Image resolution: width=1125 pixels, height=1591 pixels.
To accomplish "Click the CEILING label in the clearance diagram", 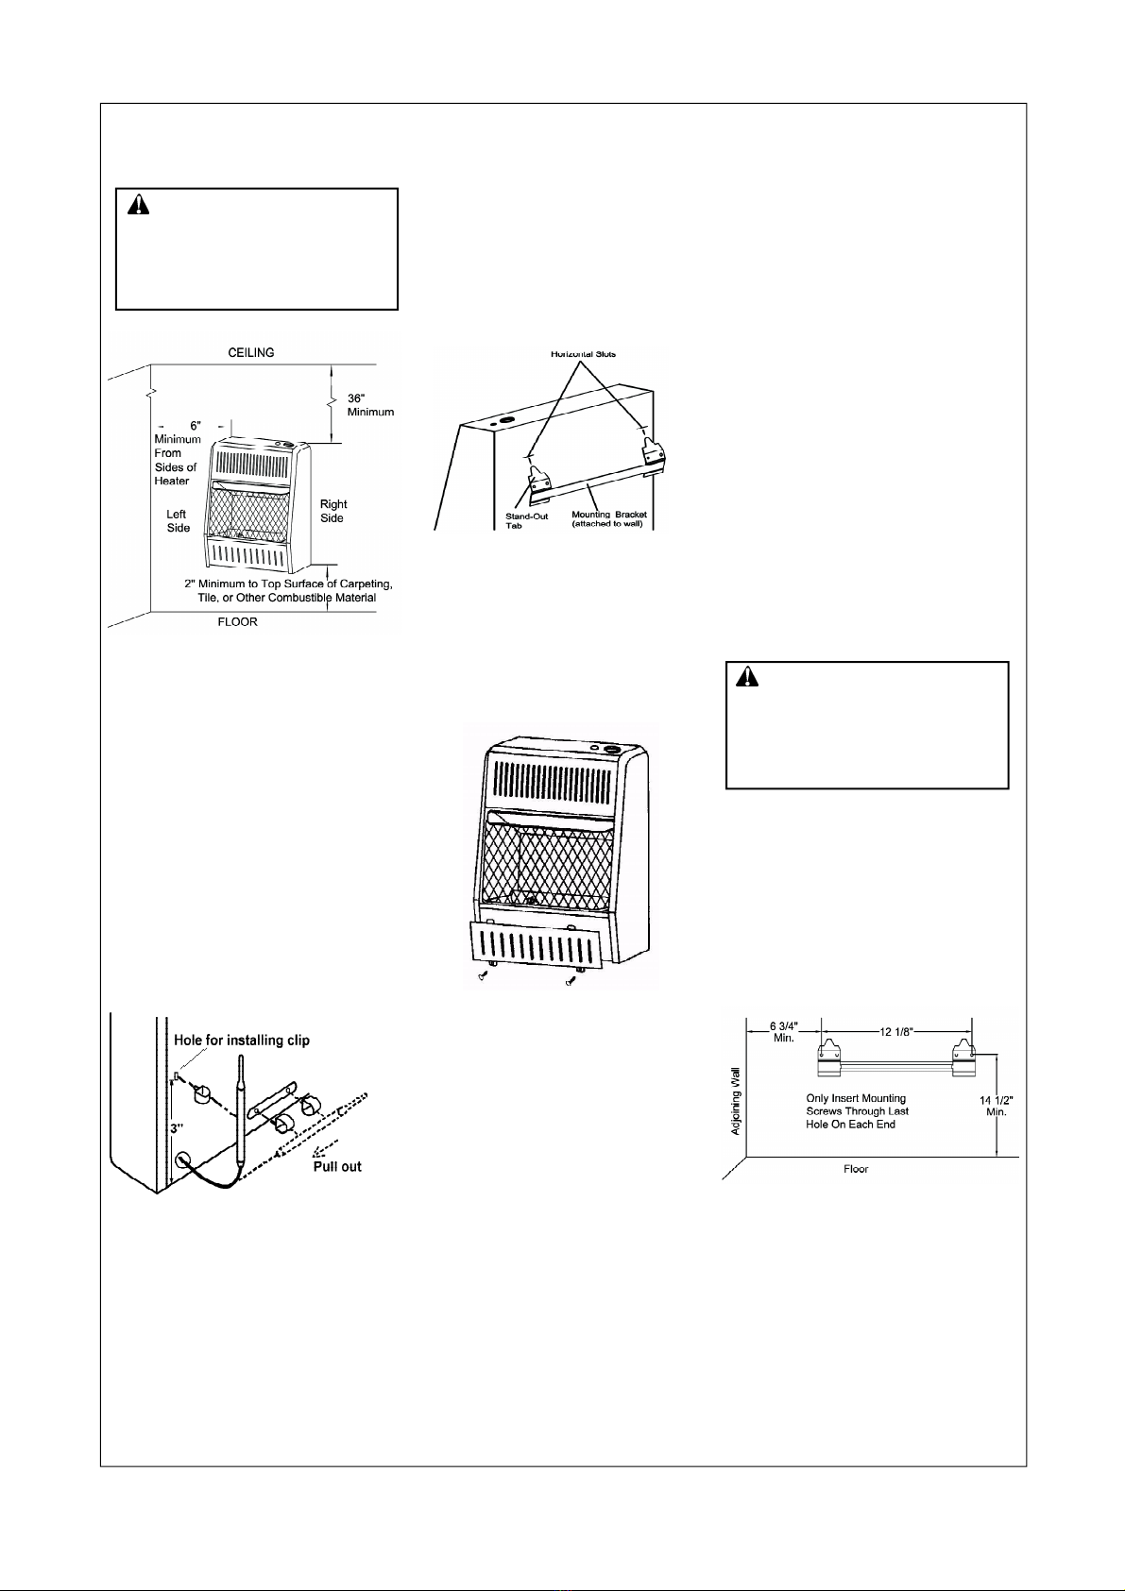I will point(251,352).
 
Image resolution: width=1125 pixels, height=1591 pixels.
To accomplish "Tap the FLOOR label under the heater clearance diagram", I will point(237,622).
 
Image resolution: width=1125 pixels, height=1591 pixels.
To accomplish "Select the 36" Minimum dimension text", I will point(369,405).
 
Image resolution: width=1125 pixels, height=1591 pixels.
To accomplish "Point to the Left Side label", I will point(178,521).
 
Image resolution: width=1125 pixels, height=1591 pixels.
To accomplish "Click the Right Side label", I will point(332,511).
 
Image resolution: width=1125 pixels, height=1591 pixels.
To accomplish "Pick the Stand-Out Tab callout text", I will point(528,520).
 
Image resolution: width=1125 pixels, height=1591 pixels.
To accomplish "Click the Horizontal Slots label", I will point(583,354).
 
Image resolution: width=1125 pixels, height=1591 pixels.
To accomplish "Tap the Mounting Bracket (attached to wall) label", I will point(609,518).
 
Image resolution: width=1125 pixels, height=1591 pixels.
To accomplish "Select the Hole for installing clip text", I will point(242,1040).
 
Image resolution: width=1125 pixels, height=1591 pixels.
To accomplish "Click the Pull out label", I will point(337,1166).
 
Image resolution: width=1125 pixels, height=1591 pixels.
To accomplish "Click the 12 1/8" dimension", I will point(896,1030).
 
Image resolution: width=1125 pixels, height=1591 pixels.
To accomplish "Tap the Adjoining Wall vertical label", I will point(737,1102).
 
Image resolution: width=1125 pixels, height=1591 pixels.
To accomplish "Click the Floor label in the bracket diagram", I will point(856,1169).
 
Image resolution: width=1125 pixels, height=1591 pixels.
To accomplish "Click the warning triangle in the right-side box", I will point(748,677).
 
